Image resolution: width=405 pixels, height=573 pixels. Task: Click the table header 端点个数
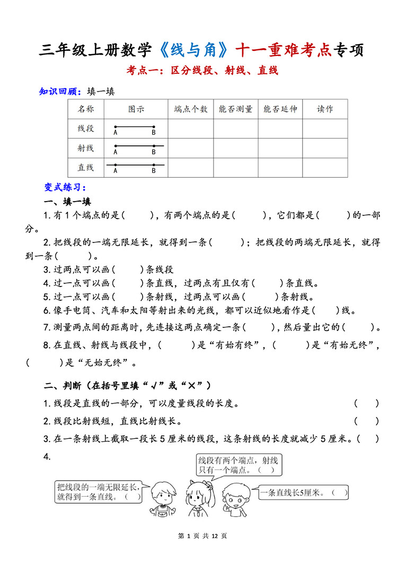[191, 109]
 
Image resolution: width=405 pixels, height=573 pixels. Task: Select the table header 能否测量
[235, 109]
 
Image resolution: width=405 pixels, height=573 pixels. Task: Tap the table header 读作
[325, 109]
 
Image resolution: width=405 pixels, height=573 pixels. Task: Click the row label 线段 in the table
[86, 128]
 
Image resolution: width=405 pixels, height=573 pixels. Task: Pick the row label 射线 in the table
[86, 148]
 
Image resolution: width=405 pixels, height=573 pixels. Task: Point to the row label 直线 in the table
[86, 167]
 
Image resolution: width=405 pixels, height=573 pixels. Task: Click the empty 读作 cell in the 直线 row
[325, 168]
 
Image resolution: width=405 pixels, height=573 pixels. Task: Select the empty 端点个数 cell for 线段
[191, 129]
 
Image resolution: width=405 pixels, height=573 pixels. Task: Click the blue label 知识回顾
[59, 91]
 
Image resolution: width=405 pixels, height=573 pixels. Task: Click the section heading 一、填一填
[67, 202]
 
